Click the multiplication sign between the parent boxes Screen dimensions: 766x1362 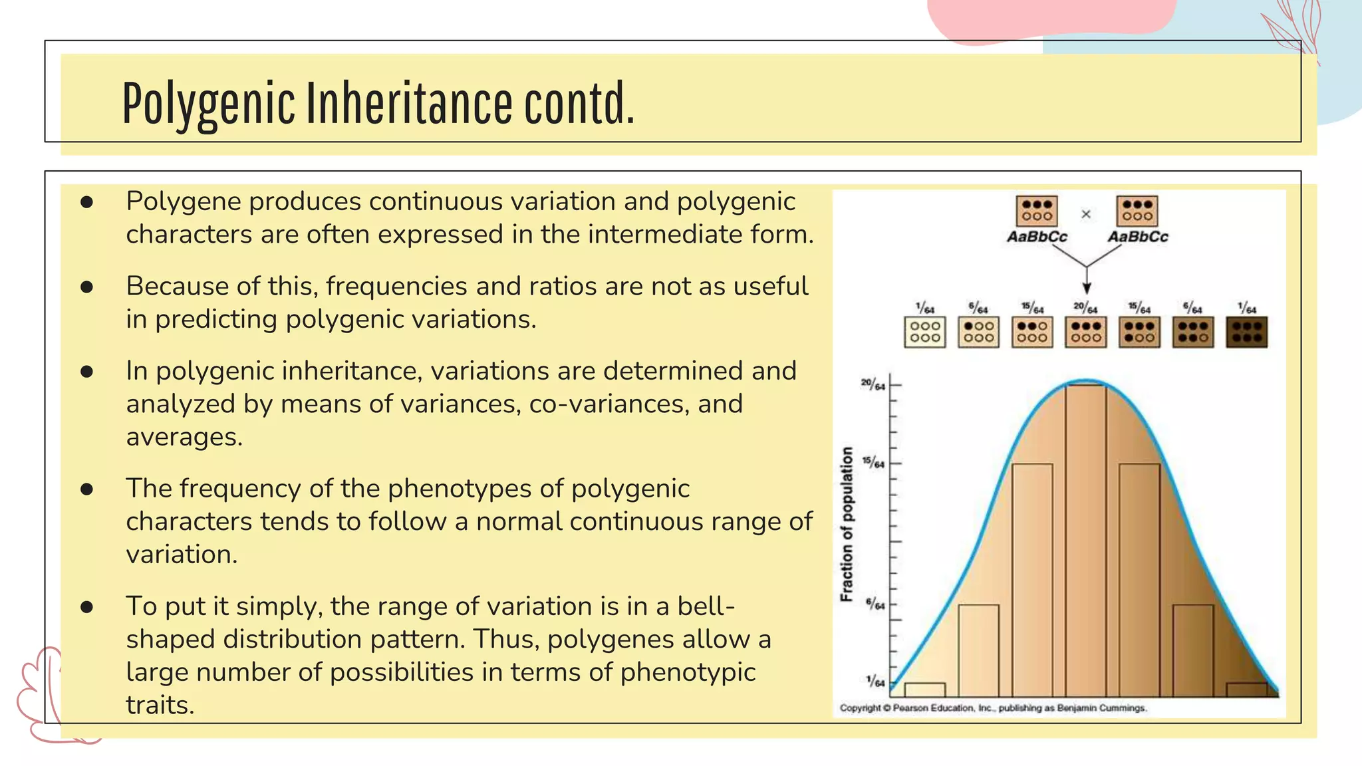click(x=1086, y=214)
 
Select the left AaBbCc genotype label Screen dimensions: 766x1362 click(x=1036, y=237)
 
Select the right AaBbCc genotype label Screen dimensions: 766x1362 click(x=1137, y=237)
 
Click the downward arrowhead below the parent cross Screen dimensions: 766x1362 click(x=1087, y=287)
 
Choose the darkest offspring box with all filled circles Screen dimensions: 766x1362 click(x=1246, y=332)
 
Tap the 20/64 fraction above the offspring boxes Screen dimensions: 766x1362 click(x=1085, y=308)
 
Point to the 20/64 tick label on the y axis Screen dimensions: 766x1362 click(x=873, y=385)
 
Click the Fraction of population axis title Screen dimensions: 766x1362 click(x=847, y=524)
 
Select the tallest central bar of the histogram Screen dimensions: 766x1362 click(x=1086, y=539)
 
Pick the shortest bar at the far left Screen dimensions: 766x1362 click(x=925, y=690)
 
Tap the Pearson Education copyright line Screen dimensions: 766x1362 click(x=993, y=708)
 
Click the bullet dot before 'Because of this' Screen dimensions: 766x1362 click(x=86, y=287)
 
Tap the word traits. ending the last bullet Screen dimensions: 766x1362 click(x=160, y=705)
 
